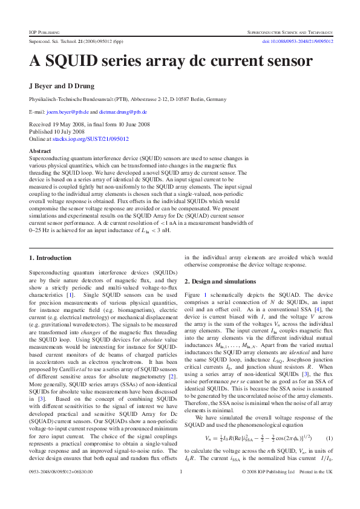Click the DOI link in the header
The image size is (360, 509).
pyautogui.click(x=297, y=42)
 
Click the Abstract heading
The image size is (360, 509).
pyautogui.click(x=40, y=151)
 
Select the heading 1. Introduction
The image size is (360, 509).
pyautogui.click(x=50, y=258)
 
